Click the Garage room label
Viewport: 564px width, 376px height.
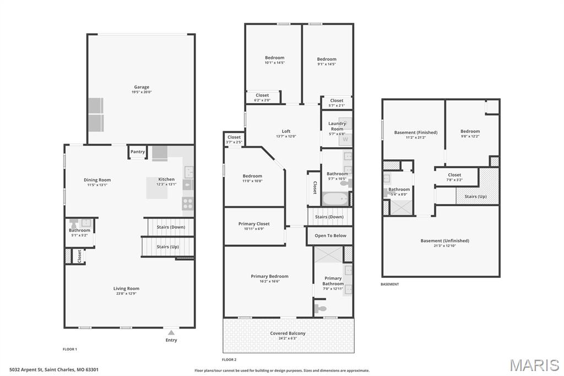142,87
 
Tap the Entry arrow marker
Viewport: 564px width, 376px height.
171,333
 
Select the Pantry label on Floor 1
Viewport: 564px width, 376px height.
138,152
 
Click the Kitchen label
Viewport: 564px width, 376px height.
166,179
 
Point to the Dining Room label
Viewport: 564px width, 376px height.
97,180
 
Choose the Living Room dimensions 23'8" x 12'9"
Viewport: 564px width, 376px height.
126,294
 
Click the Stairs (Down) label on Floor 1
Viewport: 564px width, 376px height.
171,227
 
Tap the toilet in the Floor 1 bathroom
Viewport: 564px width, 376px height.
74,225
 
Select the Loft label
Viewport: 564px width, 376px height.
286,131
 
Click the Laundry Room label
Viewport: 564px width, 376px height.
337,126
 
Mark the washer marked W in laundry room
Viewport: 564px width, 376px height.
345,139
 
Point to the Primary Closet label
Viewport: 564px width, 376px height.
254,224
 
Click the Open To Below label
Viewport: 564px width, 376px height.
330,235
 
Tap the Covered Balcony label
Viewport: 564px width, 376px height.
288,333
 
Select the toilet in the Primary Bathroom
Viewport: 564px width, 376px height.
321,308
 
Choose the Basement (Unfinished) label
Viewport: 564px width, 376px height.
444,240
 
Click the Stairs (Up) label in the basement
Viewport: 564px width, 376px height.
475,196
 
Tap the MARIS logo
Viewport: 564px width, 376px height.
534,365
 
